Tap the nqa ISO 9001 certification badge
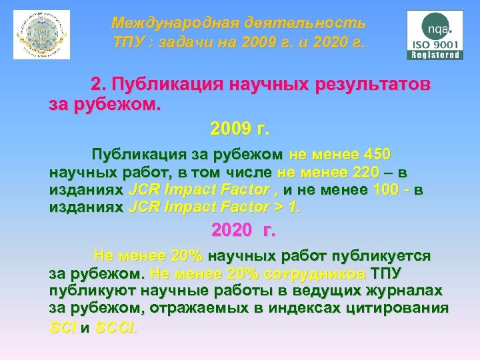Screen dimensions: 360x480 point(434,35)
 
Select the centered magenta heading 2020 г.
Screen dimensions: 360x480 point(241,231)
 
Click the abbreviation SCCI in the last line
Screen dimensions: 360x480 point(117,327)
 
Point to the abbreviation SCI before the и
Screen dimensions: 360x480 point(63,327)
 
